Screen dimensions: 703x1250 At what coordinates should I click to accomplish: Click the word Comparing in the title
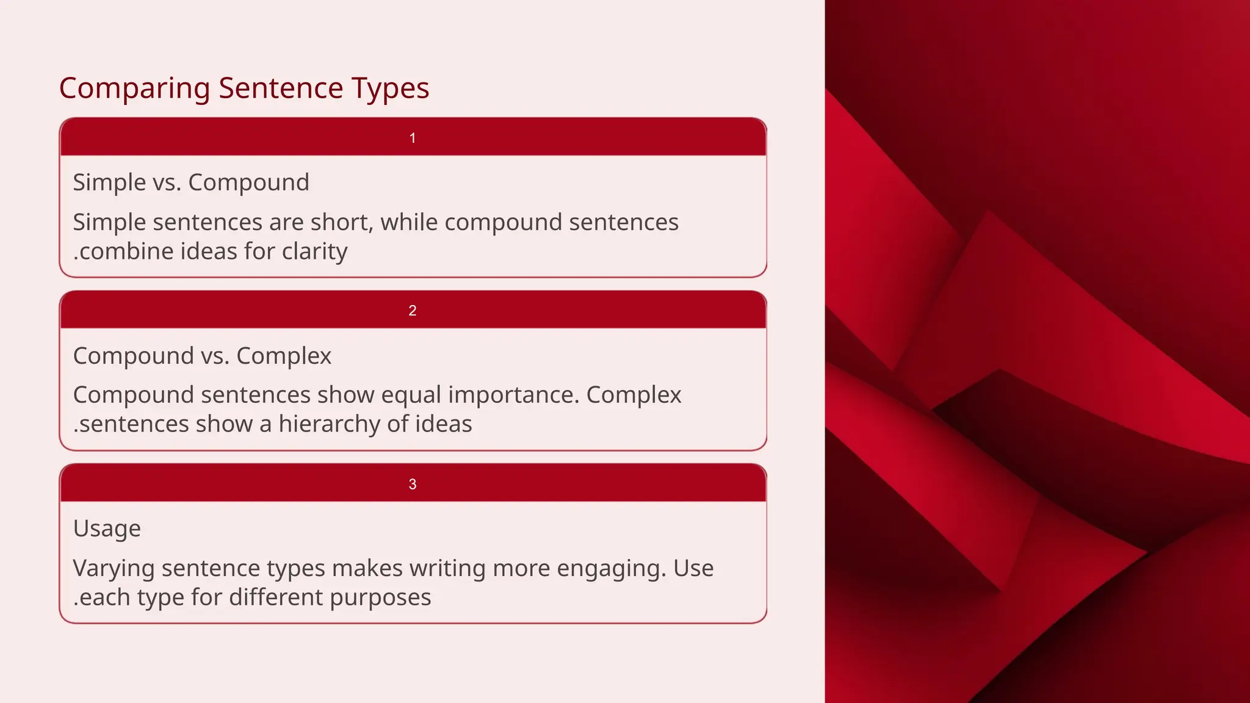[x=134, y=88]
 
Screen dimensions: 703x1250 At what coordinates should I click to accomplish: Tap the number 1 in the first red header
[x=413, y=138]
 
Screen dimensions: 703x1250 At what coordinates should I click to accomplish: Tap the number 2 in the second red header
[x=413, y=311]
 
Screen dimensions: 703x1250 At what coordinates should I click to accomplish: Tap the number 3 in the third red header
[x=413, y=484]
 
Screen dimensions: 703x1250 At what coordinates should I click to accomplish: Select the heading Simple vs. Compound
[x=191, y=182]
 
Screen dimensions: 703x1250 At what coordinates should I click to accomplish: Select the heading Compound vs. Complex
[x=202, y=356]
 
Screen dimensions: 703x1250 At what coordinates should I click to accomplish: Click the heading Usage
[x=107, y=528]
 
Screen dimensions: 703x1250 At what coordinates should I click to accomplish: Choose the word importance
[x=513, y=395]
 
